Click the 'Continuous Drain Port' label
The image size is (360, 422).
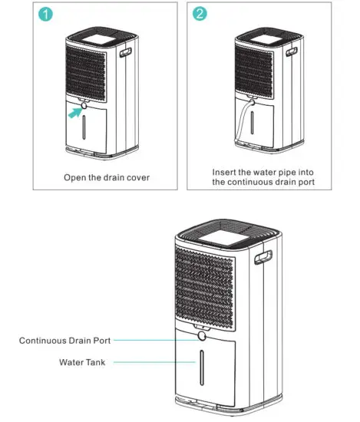[x=65, y=340]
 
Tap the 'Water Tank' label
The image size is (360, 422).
[x=82, y=362]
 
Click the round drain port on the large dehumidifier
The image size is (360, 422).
[x=202, y=337]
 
